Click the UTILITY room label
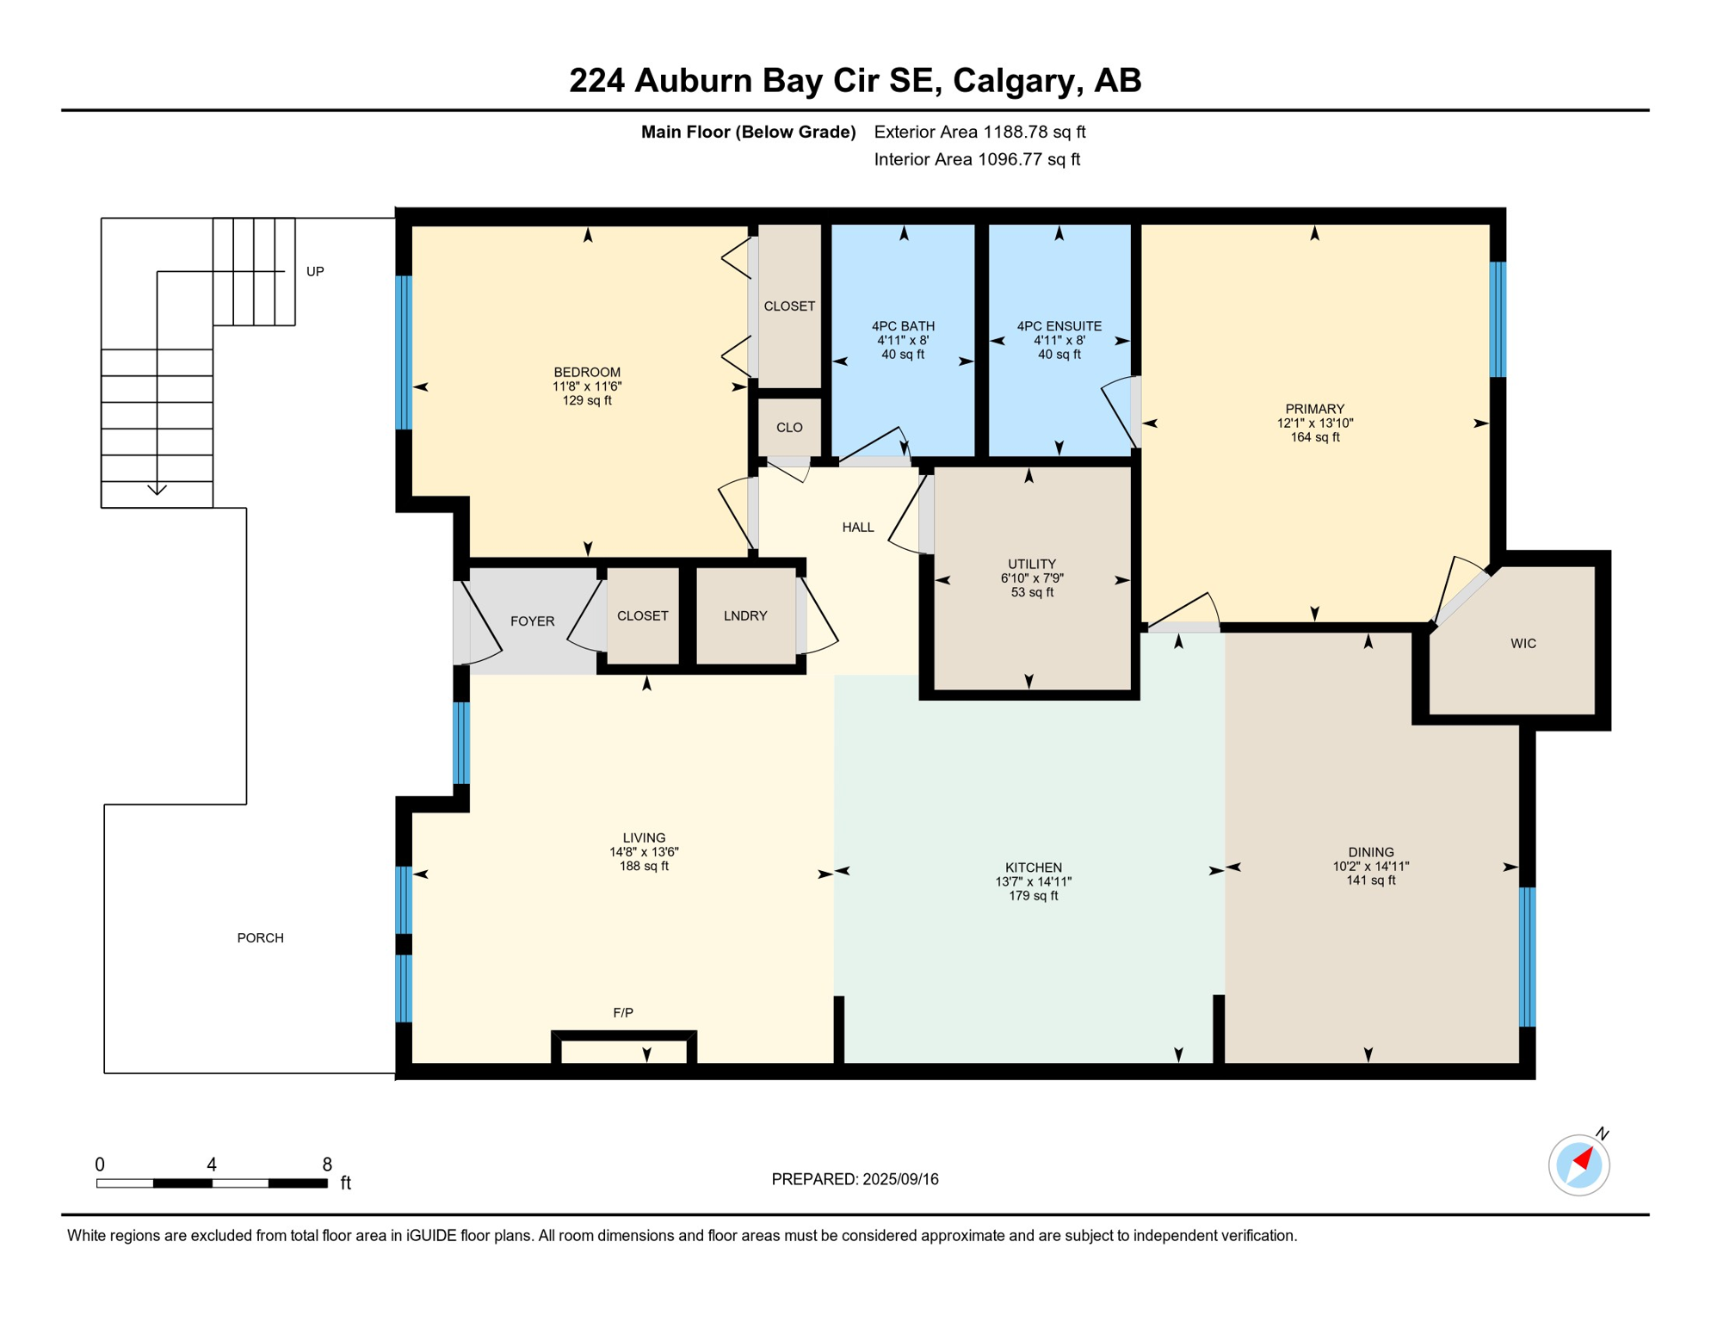(1031, 565)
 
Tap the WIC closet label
(1523, 644)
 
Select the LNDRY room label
(744, 616)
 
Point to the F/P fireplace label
(623, 1013)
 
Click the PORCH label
(260, 938)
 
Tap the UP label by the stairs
(315, 272)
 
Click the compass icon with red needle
(1578, 1165)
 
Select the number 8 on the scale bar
(327, 1164)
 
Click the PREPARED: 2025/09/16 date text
(855, 1179)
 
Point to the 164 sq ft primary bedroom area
(1314, 437)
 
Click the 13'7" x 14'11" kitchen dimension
(1033, 881)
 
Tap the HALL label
(857, 528)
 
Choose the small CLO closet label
(788, 428)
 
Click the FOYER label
(532, 621)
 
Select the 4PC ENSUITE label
(1059, 326)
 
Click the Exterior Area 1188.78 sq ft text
(979, 132)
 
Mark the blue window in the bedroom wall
(403, 352)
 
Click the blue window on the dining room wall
(1527, 957)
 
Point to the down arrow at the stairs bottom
(157, 490)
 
